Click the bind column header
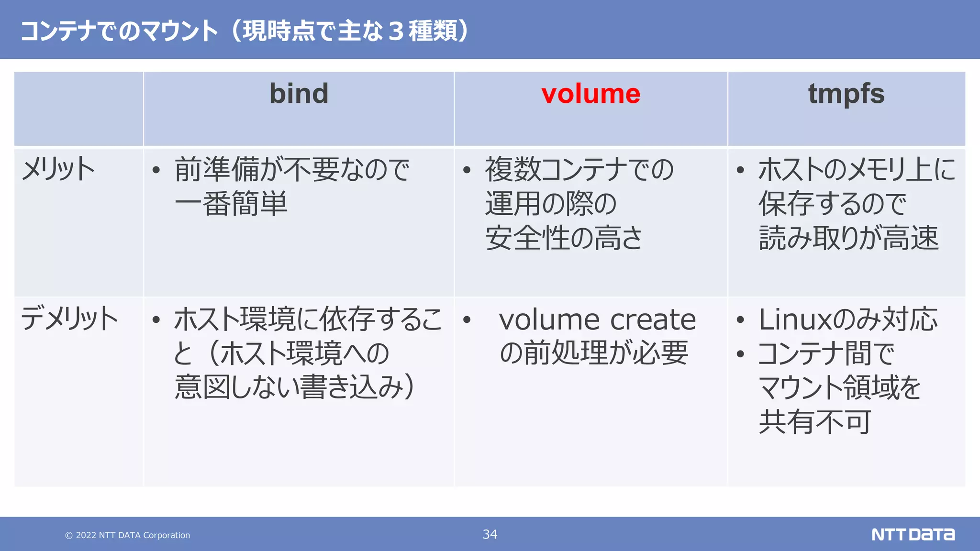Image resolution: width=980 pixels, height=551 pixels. pos(299,93)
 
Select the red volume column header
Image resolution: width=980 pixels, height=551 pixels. pos(590,94)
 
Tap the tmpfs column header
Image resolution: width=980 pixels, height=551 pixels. pos(846,94)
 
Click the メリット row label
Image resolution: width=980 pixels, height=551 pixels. pos(58,169)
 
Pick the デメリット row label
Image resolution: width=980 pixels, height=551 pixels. pos(69,319)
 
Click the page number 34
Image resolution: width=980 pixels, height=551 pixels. pos(490,534)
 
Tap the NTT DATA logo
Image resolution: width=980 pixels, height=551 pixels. pos(913,534)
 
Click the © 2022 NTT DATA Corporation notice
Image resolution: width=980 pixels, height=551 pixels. pos(128,535)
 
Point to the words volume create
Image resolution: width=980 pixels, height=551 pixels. pos(597,320)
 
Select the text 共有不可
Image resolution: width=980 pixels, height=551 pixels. pos(814,422)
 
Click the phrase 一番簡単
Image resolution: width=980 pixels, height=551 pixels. pos(231,204)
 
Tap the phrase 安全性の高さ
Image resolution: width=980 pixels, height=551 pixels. pos(563,238)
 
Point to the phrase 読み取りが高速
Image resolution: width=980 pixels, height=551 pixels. pos(848,238)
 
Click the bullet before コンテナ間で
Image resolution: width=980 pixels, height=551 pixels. pos(740,354)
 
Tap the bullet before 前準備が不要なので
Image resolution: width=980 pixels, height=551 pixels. pos(156,170)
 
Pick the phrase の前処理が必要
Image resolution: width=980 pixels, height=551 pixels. pos(593,353)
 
